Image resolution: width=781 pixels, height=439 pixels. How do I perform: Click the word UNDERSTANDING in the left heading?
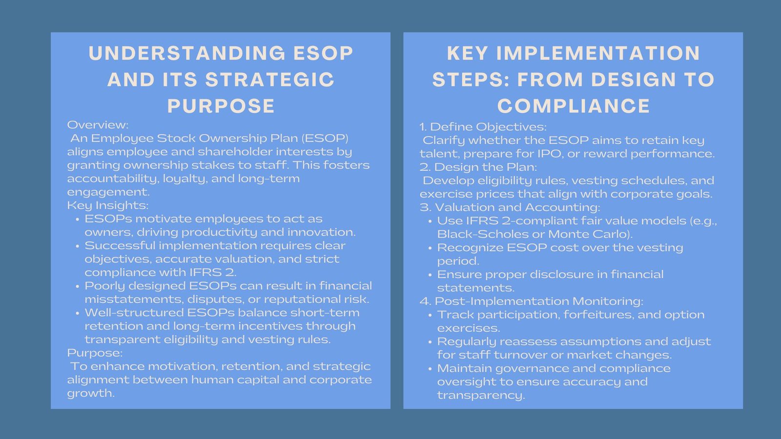[x=186, y=53]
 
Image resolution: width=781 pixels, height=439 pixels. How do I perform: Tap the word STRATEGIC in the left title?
[x=270, y=80]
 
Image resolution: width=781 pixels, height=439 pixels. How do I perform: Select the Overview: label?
[x=98, y=125]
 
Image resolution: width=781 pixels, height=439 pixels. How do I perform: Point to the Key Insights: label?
[x=108, y=205]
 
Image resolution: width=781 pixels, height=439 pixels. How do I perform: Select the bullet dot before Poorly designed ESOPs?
[x=78, y=286]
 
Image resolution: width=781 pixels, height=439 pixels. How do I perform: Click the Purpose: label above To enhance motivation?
[x=95, y=353]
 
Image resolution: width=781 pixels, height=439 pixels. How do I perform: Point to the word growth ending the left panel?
[x=90, y=393]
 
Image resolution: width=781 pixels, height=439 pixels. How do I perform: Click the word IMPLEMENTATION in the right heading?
[x=598, y=53]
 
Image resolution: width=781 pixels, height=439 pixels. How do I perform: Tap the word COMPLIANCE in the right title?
[x=574, y=106]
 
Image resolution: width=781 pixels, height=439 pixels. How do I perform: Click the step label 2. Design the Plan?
[x=478, y=167]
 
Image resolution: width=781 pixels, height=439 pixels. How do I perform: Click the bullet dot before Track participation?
[x=430, y=316]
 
